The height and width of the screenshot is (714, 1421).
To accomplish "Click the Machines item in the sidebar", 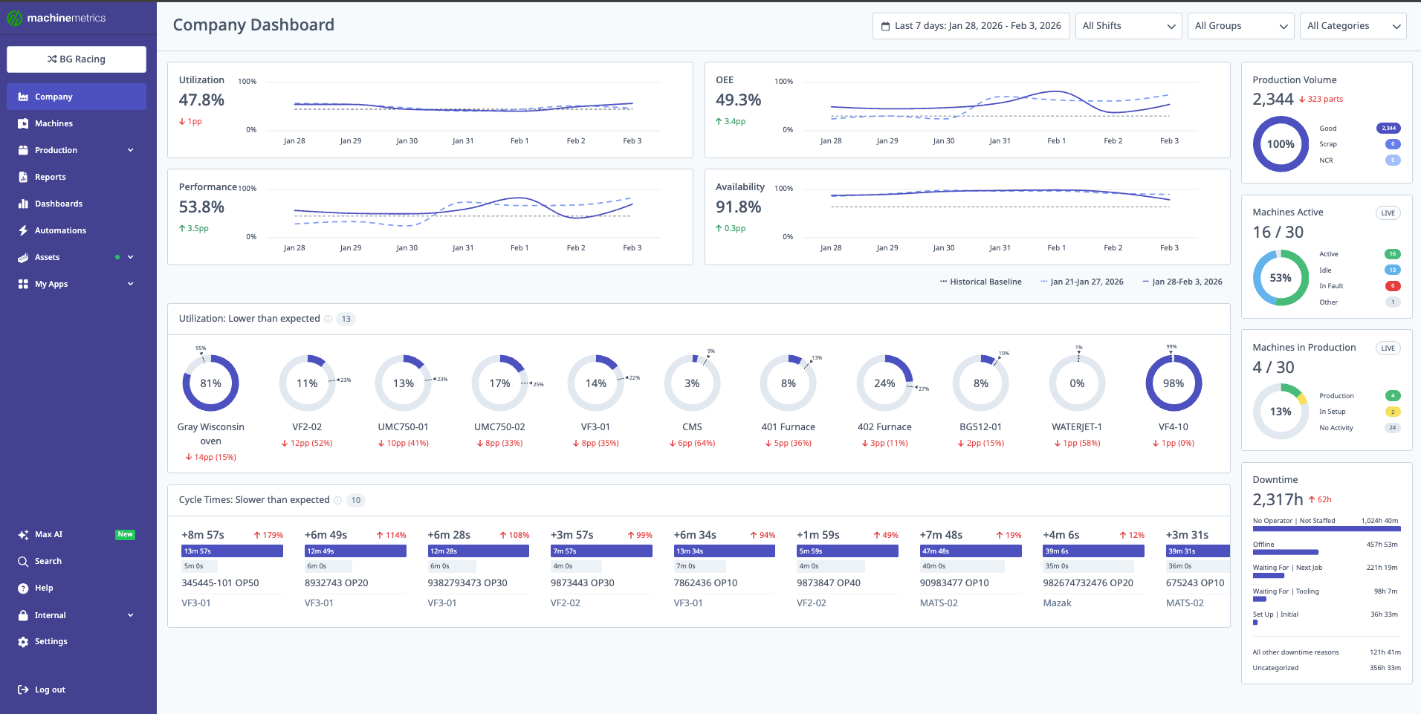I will [x=54, y=123].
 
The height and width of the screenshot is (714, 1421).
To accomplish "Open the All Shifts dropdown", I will [x=1128, y=26].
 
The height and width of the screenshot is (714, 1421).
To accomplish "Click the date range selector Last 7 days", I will [x=971, y=26].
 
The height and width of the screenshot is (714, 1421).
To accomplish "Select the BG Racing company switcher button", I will [x=77, y=59].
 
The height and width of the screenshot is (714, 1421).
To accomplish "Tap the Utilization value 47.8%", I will [x=201, y=100].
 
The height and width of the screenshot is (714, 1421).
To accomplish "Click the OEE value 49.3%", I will [x=738, y=100].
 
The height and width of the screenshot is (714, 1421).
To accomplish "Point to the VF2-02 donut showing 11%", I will [x=307, y=383].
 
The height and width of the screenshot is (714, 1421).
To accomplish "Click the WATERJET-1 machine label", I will [x=1076, y=427].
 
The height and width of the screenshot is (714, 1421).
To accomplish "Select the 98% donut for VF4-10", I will [x=1173, y=383].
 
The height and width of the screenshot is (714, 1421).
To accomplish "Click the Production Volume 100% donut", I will [x=1280, y=144].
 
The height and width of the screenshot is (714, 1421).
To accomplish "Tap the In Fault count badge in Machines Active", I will [x=1392, y=286].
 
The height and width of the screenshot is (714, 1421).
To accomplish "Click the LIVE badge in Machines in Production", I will [x=1388, y=348].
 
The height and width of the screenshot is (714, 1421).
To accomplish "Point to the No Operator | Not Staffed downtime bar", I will [x=1326, y=529].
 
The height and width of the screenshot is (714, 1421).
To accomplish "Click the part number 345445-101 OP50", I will [x=220, y=583].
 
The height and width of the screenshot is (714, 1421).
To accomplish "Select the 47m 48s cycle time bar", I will [x=970, y=551].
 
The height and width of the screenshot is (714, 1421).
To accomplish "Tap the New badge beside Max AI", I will [x=125, y=534].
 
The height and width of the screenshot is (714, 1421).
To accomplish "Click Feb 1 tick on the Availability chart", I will [x=1056, y=248].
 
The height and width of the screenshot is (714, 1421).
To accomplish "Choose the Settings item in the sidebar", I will [x=51, y=641].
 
